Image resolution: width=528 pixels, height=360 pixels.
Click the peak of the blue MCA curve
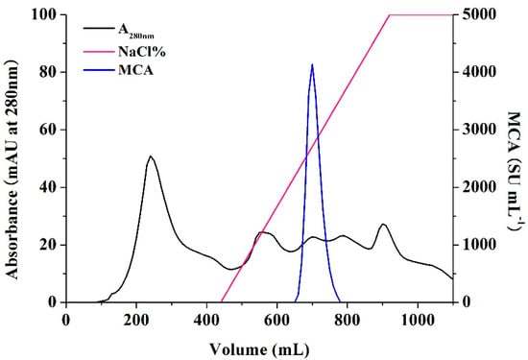coord(312,65)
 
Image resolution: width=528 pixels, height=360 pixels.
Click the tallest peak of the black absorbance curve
coord(151,156)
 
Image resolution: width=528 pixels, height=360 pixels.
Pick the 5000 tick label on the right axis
coord(475,15)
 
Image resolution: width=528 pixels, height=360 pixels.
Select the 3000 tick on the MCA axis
coord(475,130)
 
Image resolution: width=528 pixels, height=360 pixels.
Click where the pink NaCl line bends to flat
coord(390,15)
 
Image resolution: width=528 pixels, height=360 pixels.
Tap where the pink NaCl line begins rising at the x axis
coord(221,301)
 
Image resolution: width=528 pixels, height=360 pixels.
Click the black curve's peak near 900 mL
coord(383,224)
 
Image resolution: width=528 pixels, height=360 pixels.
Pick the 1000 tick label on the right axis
coord(475,245)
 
